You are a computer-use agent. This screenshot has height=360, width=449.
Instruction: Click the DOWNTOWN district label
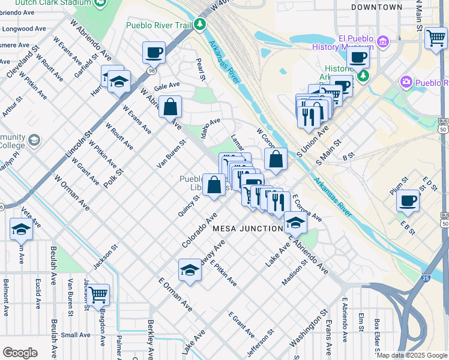coord(385,7)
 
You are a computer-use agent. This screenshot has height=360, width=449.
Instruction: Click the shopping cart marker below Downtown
coord(436,38)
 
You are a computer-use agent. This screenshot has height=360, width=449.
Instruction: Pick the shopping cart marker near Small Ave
coord(98,295)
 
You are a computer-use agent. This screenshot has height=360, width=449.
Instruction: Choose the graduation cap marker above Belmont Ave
coord(21,229)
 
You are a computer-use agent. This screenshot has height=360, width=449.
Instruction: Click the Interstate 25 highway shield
coord(426,278)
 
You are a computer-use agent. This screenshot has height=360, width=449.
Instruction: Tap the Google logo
coord(20,353)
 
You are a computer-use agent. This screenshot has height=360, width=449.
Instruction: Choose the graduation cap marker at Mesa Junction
coord(295,222)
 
